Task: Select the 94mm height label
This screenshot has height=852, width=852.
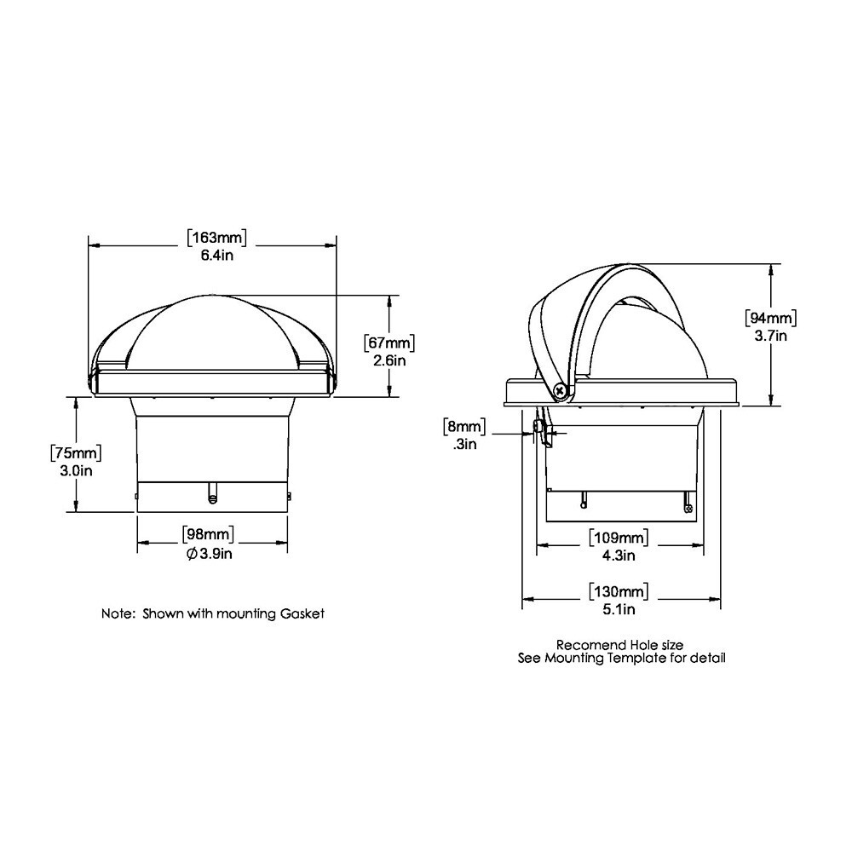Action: pyautogui.click(x=770, y=318)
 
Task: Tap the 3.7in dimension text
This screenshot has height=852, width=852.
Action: pyautogui.click(x=770, y=336)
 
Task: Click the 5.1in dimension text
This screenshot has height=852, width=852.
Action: pyautogui.click(x=619, y=609)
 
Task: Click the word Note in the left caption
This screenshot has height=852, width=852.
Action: pyautogui.click(x=117, y=613)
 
